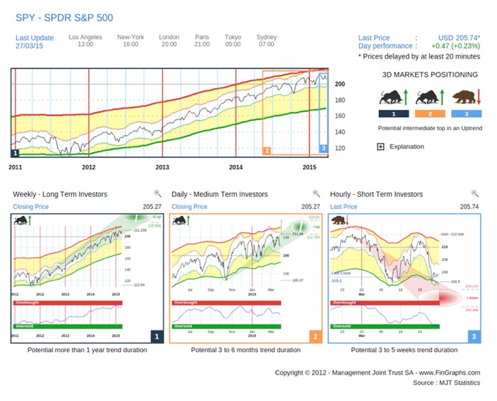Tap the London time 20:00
pos(169,45)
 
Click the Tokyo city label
pos(233,36)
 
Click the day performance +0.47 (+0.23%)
pos(450,46)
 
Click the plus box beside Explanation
pos(380,146)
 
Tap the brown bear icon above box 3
pos(466,97)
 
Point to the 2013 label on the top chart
pos(163,167)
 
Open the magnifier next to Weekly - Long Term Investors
pos(157,193)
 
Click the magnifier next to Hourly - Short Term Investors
pos(475,193)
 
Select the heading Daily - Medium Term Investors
pos(220,194)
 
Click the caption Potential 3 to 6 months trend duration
pos(245,351)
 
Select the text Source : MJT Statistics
pos(446,383)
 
